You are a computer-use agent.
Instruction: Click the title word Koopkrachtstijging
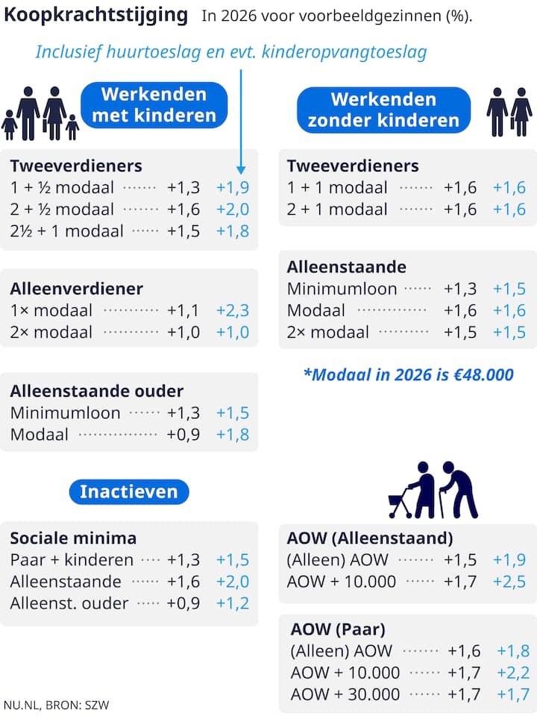(x=96, y=15)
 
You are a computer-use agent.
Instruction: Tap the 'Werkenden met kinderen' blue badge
(x=154, y=105)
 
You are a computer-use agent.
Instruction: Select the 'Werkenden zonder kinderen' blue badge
(x=383, y=110)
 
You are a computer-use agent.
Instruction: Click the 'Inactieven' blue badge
(x=129, y=492)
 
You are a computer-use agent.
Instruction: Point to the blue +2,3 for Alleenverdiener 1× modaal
(x=233, y=310)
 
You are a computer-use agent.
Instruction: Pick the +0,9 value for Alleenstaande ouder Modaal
(x=183, y=434)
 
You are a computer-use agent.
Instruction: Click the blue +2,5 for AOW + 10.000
(x=509, y=581)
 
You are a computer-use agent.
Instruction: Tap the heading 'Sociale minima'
(x=73, y=538)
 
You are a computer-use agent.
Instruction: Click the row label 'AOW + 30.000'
(x=345, y=694)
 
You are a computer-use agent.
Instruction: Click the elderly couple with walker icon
(x=433, y=490)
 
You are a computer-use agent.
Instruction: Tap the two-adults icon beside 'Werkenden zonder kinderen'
(x=509, y=112)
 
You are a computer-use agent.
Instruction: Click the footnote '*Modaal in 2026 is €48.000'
(x=408, y=374)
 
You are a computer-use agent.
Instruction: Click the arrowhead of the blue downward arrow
(x=241, y=169)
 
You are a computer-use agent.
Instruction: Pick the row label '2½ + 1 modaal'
(x=67, y=231)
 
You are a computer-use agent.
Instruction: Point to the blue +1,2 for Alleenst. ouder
(x=233, y=603)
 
